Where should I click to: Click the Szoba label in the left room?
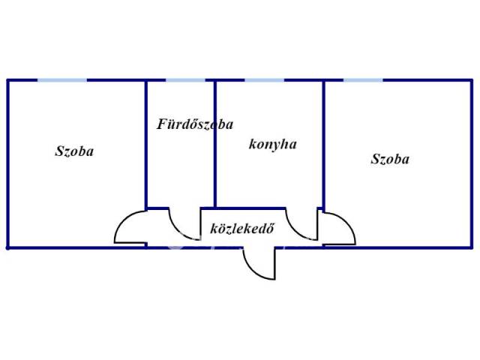pos(74,151)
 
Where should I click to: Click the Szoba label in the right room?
pos(390,159)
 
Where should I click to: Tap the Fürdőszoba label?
pos(195,124)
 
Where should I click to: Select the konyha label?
pos(273,144)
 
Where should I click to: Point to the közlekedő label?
pos(242,228)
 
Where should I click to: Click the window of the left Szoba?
pos(62,80)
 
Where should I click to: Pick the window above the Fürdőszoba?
pos(185,80)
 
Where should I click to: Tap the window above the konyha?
pos(265,80)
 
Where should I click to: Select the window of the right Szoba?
pos(363,80)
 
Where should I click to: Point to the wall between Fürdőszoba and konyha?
pos(215,144)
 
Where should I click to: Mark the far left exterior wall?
pos(8,163)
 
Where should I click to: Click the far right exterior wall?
pos(472,163)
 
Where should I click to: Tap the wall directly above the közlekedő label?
pos(243,208)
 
